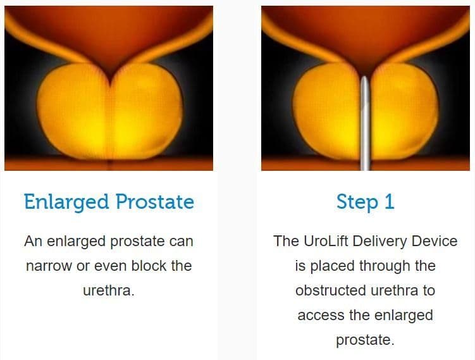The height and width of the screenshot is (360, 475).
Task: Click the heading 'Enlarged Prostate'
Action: [x=109, y=202]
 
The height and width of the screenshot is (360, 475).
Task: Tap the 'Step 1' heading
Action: [x=365, y=202]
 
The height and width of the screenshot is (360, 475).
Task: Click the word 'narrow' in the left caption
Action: [x=49, y=266]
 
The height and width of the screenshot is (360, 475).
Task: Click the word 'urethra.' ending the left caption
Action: [x=109, y=290]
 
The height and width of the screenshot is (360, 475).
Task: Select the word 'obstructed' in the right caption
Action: [x=326, y=290]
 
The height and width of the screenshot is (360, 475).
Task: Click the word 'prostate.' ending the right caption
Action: [x=365, y=340]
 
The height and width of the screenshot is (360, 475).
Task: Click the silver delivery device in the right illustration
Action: [x=365, y=133]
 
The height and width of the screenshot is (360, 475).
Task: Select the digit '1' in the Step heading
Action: [x=388, y=202]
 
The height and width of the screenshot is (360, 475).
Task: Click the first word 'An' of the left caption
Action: [x=32, y=241]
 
